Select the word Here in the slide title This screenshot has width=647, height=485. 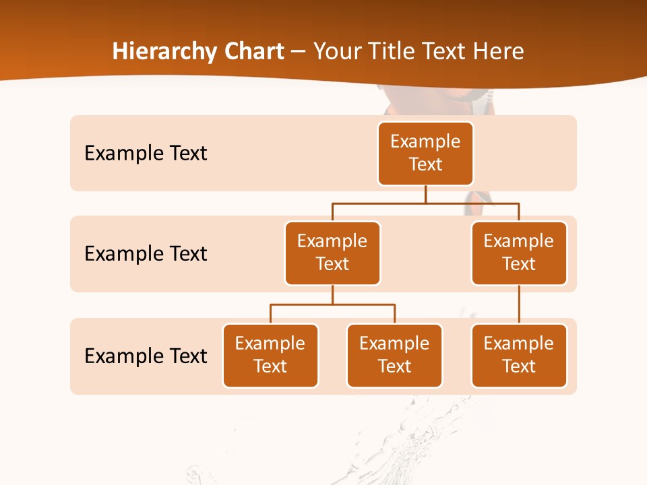pyautogui.click(x=499, y=51)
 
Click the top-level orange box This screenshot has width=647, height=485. pyautogui.click(x=425, y=154)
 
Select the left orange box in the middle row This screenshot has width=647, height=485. pyautogui.click(x=332, y=253)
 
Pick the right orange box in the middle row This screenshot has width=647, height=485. pyautogui.click(x=519, y=253)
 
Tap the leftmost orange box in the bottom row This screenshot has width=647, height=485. pyautogui.click(x=270, y=356)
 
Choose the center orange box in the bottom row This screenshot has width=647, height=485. pyautogui.click(x=394, y=356)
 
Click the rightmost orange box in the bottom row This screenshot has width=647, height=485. pyautogui.click(x=519, y=356)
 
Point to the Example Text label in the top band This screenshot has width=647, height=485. pyautogui.click(x=146, y=154)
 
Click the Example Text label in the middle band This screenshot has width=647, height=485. pyautogui.click(x=146, y=254)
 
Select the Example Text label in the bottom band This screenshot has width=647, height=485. pyautogui.click(x=146, y=356)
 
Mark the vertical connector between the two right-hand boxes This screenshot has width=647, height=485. pyautogui.click(x=519, y=304)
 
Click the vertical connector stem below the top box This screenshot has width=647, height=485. pyautogui.click(x=425, y=194)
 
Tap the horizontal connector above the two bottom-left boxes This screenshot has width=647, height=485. pyautogui.click(x=332, y=304)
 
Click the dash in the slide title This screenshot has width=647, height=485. pyautogui.click(x=298, y=52)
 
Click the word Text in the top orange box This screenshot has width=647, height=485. pyautogui.click(x=425, y=164)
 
